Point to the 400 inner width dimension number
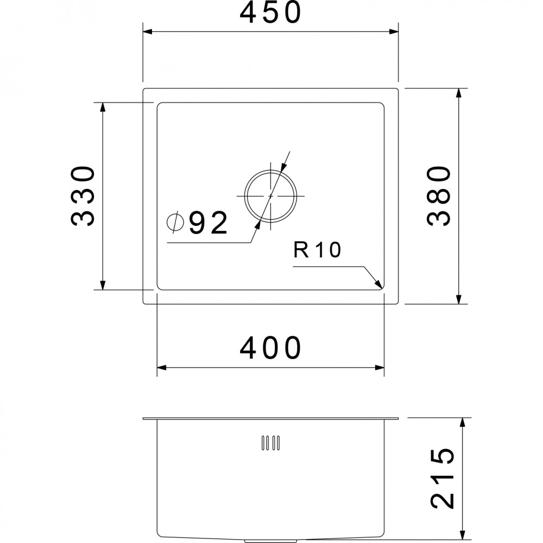click(270, 349)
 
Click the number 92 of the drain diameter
click(209, 224)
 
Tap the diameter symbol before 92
click(175, 222)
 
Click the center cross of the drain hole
click(270, 195)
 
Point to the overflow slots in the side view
click(270, 443)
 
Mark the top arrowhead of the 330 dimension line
click(102, 106)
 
